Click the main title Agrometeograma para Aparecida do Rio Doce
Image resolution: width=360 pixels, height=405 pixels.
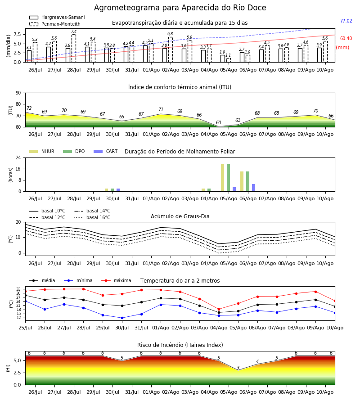tap(180, 8)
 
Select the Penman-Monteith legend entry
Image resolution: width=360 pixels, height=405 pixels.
tap(55, 24)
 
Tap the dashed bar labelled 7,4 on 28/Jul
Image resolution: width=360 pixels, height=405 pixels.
tap(74, 48)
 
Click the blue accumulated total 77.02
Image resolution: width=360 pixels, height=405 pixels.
tap(346, 21)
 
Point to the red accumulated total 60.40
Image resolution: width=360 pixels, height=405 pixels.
tap(346, 39)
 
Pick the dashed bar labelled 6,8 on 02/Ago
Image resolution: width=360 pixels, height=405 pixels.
tap(171, 49)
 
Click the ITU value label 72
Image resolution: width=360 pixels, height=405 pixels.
tap(29, 108)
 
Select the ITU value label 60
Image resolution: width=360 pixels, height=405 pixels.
tap(219, 122)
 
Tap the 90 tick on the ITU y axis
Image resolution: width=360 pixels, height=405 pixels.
tap(18, 93)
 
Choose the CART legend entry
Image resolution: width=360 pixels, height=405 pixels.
tap(106, 151)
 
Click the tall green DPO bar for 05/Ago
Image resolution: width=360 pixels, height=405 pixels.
tap(228, 178)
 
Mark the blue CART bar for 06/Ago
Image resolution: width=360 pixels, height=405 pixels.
tap(254, 188)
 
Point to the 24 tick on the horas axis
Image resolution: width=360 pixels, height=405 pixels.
tap(18, 157)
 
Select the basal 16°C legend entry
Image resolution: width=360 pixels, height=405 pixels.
tap(92, 217)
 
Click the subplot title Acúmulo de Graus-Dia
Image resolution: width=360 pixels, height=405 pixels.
tap(180, 216)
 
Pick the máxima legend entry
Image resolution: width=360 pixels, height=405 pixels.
tap(116, 280)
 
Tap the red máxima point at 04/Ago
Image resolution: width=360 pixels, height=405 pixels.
tap(219, 309)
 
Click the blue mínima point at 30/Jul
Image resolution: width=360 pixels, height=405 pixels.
tap(122, 318)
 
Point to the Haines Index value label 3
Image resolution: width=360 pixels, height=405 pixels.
tap(238, 368)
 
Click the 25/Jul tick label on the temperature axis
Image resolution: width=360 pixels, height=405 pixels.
tap(25, 328)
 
